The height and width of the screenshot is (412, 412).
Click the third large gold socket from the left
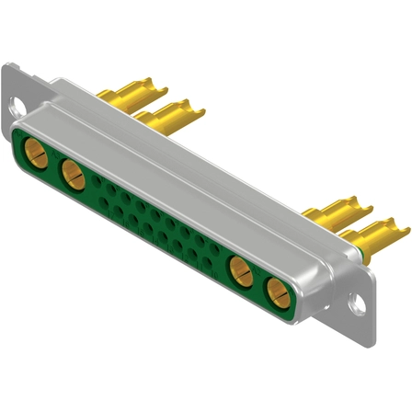238,271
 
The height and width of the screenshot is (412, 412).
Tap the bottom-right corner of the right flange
375,317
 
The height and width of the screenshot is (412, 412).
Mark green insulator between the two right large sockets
257,283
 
